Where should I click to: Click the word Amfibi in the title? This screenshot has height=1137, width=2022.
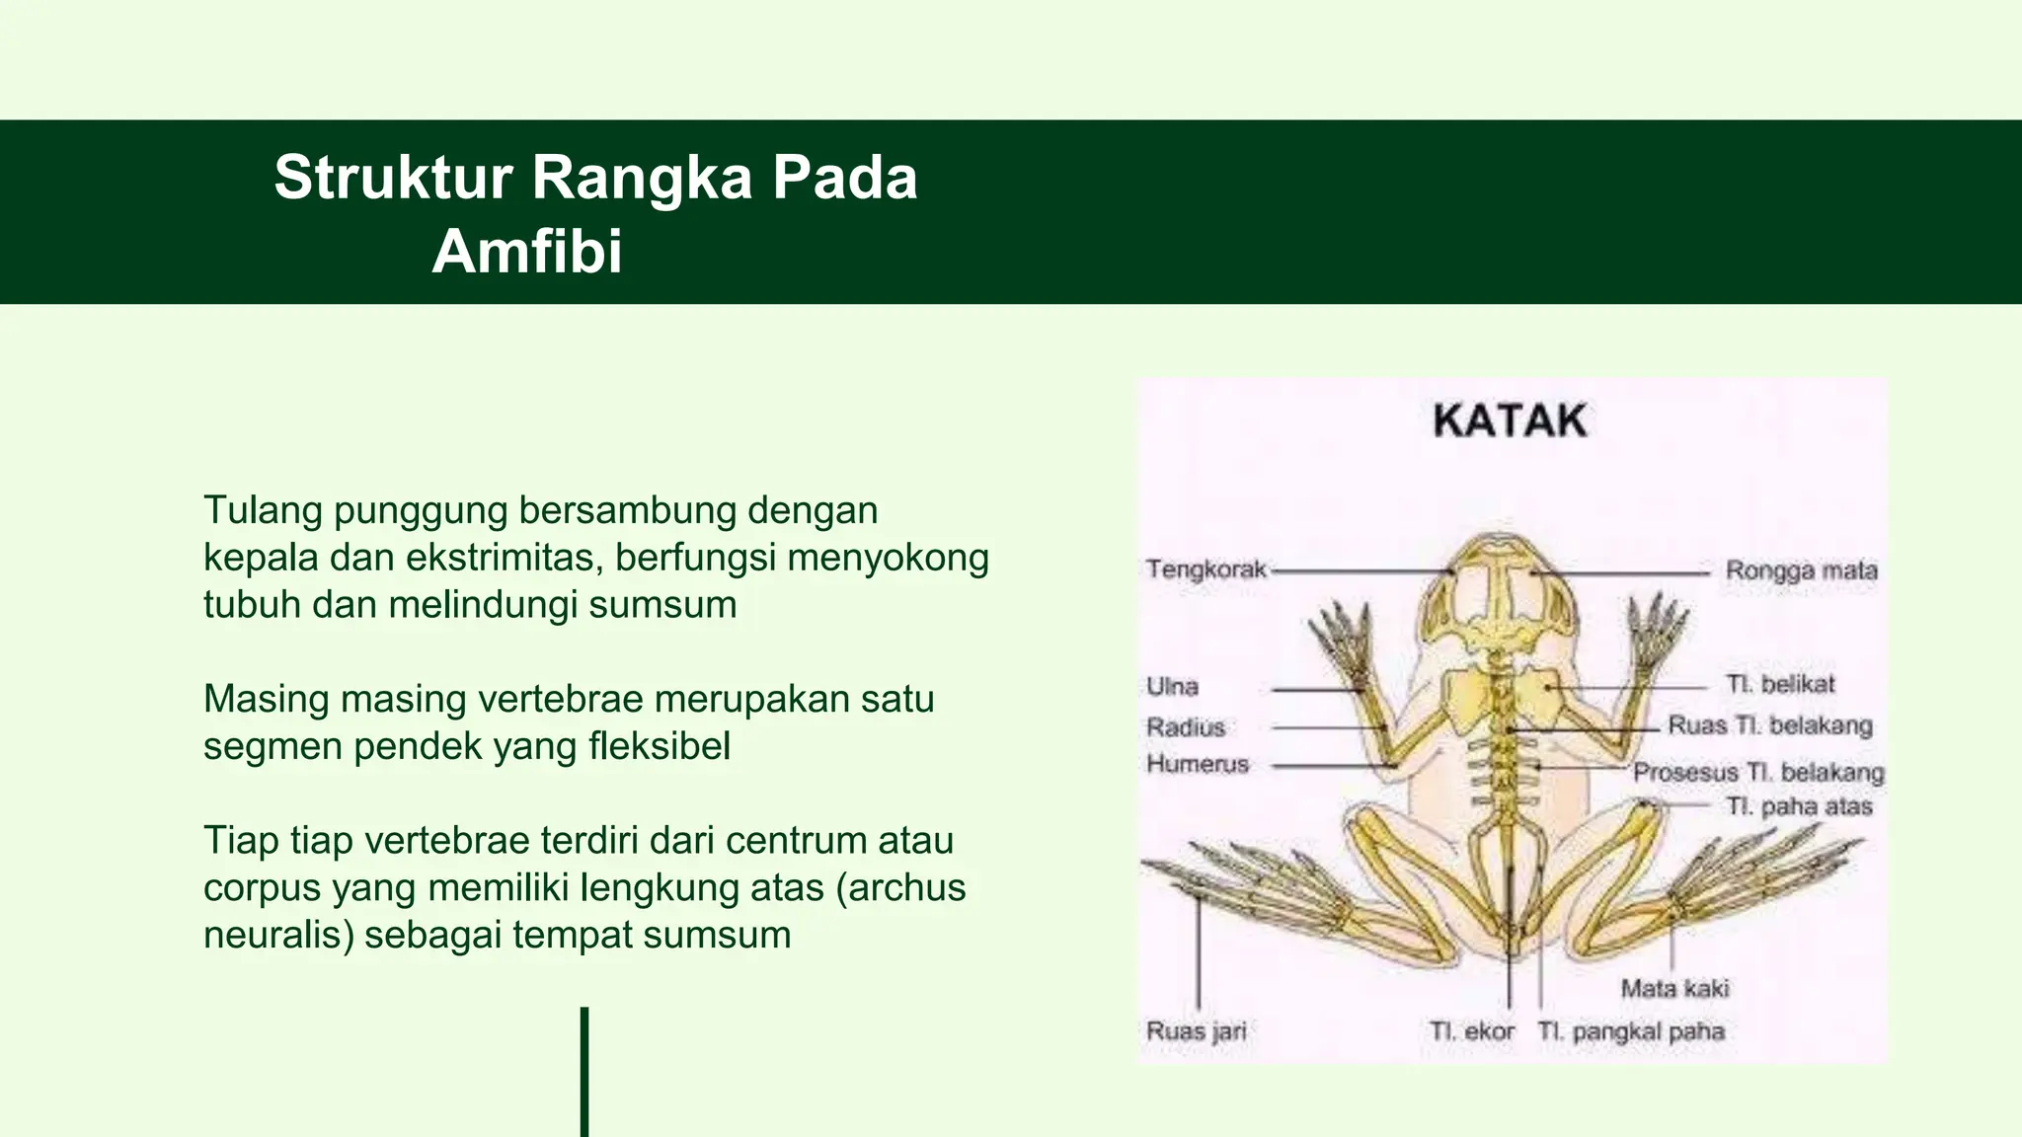coord(527,251)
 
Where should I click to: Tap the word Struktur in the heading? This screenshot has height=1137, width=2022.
coord(393,178)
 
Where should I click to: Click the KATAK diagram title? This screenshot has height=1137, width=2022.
coord(1510,421)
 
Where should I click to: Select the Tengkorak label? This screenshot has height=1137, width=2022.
coord(1205,569)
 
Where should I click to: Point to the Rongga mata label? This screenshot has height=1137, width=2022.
coord(1801,570)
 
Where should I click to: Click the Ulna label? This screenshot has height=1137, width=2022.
coord(1172,687)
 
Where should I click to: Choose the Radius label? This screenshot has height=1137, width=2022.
coord(1185,727)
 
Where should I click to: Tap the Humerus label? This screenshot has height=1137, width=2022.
coord(1197,764)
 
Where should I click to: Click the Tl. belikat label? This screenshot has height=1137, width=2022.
coord(1779,684)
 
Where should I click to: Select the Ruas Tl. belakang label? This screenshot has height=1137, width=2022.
coord(1769,725)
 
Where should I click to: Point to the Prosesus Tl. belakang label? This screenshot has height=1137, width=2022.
coord(1757,772)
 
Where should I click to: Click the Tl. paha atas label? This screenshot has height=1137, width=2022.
coord(1798,806)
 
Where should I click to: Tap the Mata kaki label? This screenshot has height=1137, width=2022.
coord(1674,988)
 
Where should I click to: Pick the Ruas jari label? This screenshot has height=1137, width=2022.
coord(1196,1031)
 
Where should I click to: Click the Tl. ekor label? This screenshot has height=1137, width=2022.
coord(1471,1031)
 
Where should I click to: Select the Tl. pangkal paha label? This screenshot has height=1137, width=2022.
coord(1630,1031)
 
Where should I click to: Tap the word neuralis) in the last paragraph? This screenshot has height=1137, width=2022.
coord(278,935)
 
